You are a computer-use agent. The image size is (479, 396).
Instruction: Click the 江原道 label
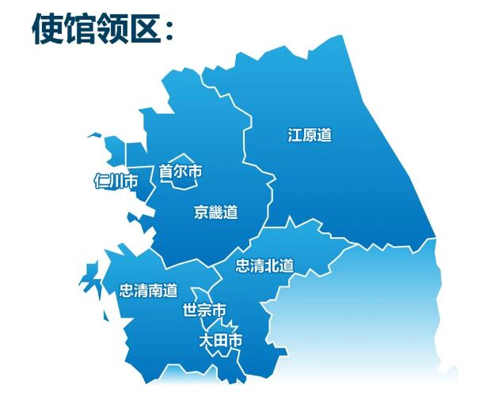pos(309,135)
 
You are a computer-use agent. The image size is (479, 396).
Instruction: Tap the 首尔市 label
pos(181,171)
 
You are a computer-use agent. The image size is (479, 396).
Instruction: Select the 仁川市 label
pos(115,182)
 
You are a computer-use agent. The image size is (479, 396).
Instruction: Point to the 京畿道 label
pos(215,212)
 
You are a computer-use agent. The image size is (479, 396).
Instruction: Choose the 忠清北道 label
pos(264,266)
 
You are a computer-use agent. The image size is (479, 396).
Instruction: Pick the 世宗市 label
pos(203,309)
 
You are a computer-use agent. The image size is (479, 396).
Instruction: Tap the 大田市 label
pos(220,341)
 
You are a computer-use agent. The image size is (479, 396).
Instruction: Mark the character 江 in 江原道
pos(295,135)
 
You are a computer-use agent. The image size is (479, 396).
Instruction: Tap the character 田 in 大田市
pos(220,341)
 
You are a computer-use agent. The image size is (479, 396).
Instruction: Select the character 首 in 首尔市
pos(166,171)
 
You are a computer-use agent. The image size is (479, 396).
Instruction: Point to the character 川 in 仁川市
pos(115,182)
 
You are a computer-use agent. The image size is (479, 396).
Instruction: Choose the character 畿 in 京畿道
pos(215,212)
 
